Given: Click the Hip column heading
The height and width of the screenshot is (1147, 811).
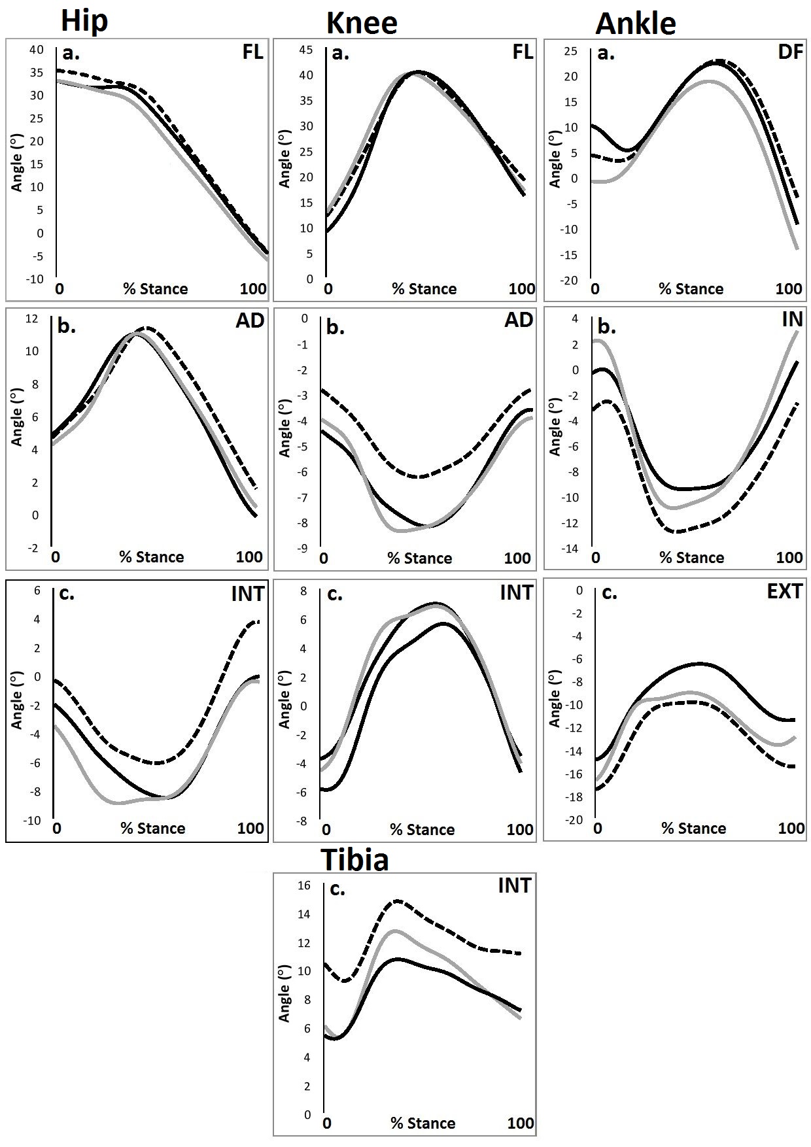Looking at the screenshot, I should pos(84,22).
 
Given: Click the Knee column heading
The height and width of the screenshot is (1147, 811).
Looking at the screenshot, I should pos(362,24).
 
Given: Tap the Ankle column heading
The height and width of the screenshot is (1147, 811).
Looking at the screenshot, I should pos(636,24).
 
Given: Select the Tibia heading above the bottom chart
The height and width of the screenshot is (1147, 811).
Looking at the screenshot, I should pos(355,859).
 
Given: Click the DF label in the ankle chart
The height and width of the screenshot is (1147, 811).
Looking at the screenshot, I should pos(790,52).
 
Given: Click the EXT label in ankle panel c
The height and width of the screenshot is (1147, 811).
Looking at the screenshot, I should pos(785,591).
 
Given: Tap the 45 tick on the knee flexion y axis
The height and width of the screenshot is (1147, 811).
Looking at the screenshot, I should pos(305,50).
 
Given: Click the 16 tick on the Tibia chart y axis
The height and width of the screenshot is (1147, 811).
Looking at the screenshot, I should pos(303,885).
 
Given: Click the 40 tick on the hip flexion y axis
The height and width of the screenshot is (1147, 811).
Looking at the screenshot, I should pos(36,50).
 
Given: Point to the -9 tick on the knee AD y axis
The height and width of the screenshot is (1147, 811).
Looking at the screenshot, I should pos(302,549).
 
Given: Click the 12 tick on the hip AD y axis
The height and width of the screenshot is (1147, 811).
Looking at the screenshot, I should pos(31,319).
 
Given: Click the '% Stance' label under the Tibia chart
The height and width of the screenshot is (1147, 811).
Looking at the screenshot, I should pos(423,1123).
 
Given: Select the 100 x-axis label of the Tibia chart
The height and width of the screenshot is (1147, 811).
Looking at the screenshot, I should pos(521,1123).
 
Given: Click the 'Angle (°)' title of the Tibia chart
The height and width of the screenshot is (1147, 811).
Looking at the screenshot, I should pos(284,993).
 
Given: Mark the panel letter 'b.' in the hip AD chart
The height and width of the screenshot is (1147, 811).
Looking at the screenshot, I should pos(66,326).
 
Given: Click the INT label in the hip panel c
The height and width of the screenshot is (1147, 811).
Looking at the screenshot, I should pos(247,594).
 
